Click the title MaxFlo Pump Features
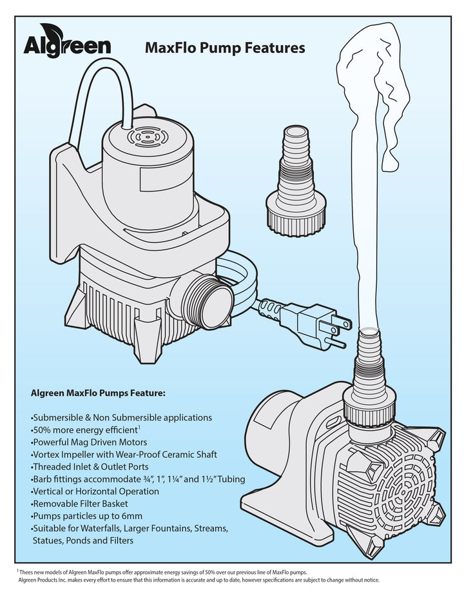click(x=225, y=48)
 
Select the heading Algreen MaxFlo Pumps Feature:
click(x=98, y=392)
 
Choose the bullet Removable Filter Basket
click(x=81, y=504)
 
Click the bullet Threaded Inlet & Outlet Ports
click(x=91, y=466)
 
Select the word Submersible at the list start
click(x=58, y=417)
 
